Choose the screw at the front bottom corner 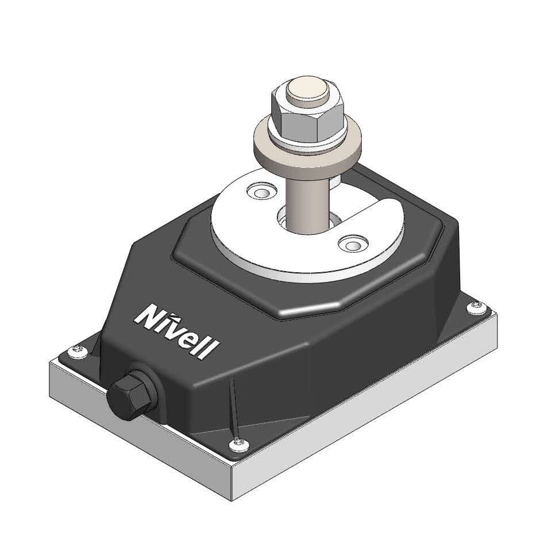(x=238, y=443)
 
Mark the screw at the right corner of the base (x=476, y=307)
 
